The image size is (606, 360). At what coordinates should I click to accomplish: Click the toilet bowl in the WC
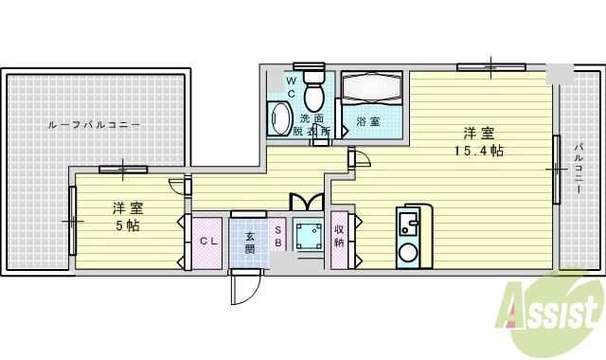(x=314, y=92)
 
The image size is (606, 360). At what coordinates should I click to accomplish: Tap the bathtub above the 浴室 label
(x=372, y=91)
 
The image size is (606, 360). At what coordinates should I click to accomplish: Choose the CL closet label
(x=208, y=242)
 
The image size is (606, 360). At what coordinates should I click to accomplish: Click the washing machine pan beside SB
(x=308, y=236)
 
